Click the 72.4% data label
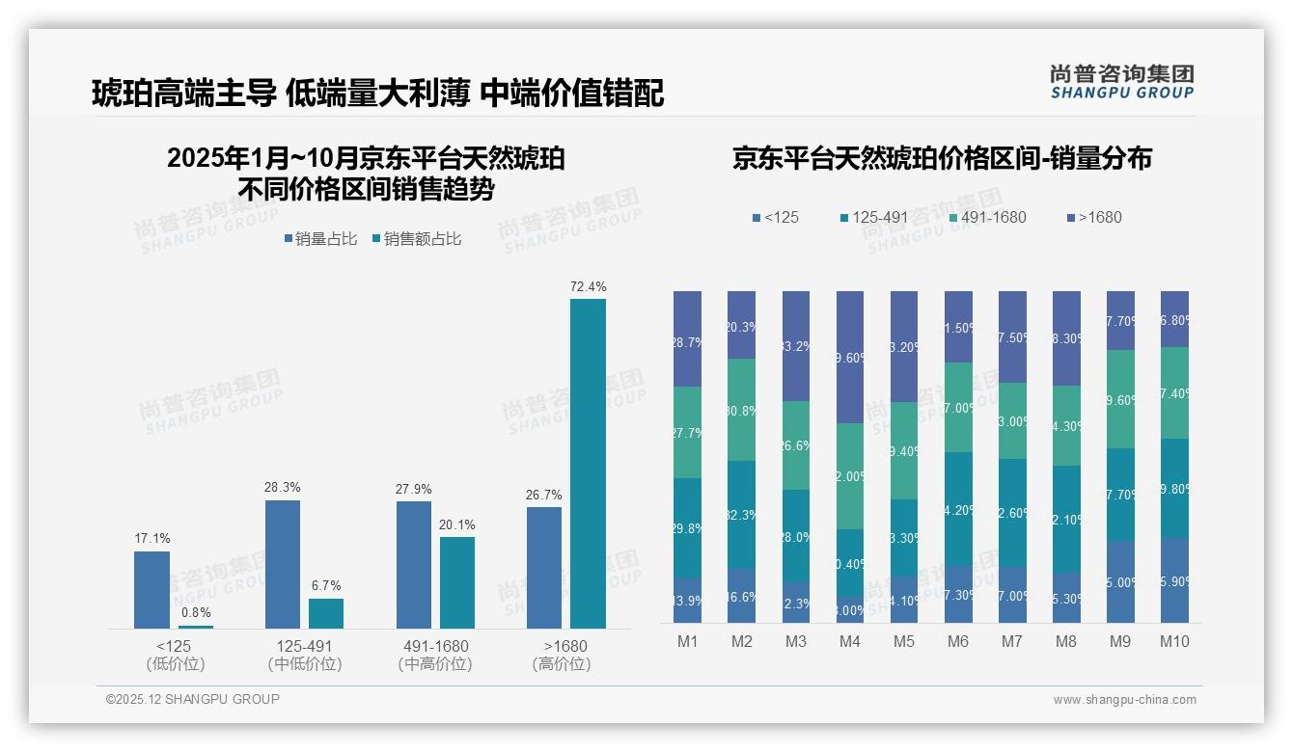pos(588,286)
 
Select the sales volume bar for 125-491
pos(282,564)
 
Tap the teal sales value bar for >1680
pos(588,464)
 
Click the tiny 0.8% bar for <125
pos(195,627)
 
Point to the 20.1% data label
pos(456,524)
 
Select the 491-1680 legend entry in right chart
pos(990,217)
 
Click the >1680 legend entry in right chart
pos(1093,217)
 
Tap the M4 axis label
pos(849,641)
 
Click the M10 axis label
pos(1174,641)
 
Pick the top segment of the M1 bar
pos(688,338)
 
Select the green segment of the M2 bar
pos(741,410)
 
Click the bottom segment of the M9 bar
pos(1120,581)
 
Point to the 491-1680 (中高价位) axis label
pos(434,655)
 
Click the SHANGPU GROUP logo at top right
pos(1122,82)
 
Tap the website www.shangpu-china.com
pos(1124,700)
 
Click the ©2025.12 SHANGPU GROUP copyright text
pos(193,699)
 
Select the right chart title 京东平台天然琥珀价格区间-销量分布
pos(942,158)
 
